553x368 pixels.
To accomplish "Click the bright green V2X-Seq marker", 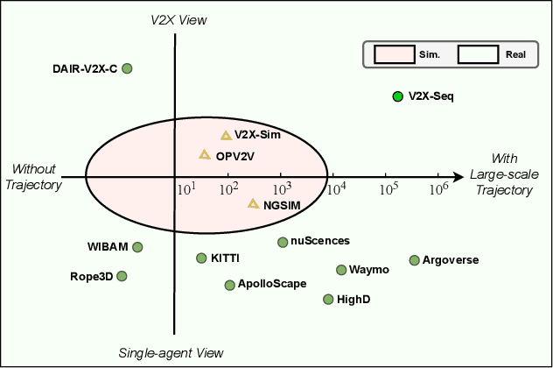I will click(397, 96).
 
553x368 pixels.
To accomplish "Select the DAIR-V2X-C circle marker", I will click(127, 67).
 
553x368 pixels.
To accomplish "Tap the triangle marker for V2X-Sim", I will click(226, 135).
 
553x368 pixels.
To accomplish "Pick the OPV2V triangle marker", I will click(205, 154).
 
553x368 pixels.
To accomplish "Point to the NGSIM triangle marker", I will click(253, 203).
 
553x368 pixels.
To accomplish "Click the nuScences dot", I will click(283, 242).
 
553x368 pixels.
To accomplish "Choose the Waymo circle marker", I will click(341, 270).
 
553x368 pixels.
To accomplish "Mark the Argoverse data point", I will click(414, 260).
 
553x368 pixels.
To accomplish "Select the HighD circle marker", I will click(328, 299).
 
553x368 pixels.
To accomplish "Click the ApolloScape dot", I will click(229, 285).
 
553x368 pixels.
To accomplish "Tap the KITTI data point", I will click(201, 258).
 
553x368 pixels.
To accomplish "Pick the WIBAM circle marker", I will click(137, 247).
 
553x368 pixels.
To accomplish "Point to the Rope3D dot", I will click(122, 276).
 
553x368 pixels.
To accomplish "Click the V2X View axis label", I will click(178, 19).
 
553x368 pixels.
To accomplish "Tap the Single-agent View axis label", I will click(171, 353).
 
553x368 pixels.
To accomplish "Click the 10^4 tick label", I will click(337, 188).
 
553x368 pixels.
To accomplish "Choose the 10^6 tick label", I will click(438, 188).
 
